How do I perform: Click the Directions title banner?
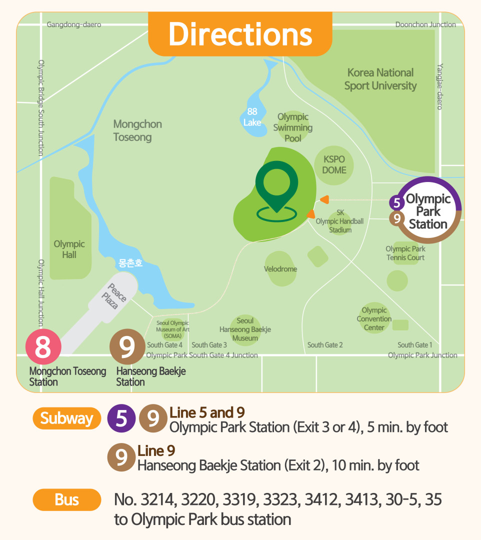click(240, 34)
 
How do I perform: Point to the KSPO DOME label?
click(334, 165)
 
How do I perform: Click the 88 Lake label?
click(252, 117)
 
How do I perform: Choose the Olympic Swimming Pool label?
click(293, 127)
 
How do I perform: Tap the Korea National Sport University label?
click(380, 79)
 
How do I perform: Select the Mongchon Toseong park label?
click(137, 130)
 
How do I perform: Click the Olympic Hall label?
click(69, 249)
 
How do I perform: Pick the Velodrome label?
click(280, 269)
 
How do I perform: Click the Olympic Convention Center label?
click(374, 319)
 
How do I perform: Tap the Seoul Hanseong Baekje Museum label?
click(245, 329)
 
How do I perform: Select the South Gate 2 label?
click(325, 345)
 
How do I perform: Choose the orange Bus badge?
click(67, 499)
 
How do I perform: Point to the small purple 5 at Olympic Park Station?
click(396, 203)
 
